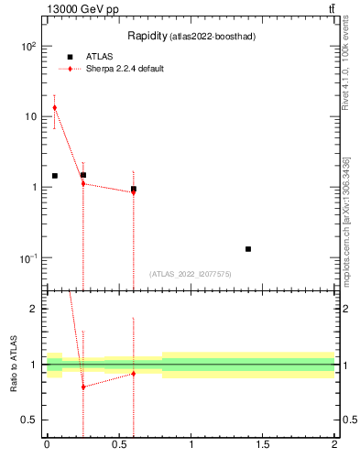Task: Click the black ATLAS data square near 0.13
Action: [x=248, y=249]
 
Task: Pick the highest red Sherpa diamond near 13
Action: [x=54, y=108]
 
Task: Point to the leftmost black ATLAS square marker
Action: [x=55, y=176]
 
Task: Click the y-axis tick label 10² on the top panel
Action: [x=29, y=46]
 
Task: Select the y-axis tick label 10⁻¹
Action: [x=29, y=258]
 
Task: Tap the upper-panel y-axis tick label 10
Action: [x=31, y=116]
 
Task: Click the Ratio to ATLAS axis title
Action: [x=12, y=365]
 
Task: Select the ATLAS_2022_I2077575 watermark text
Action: [x=191, y=274]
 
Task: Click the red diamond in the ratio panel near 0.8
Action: [x=83, y=387]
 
